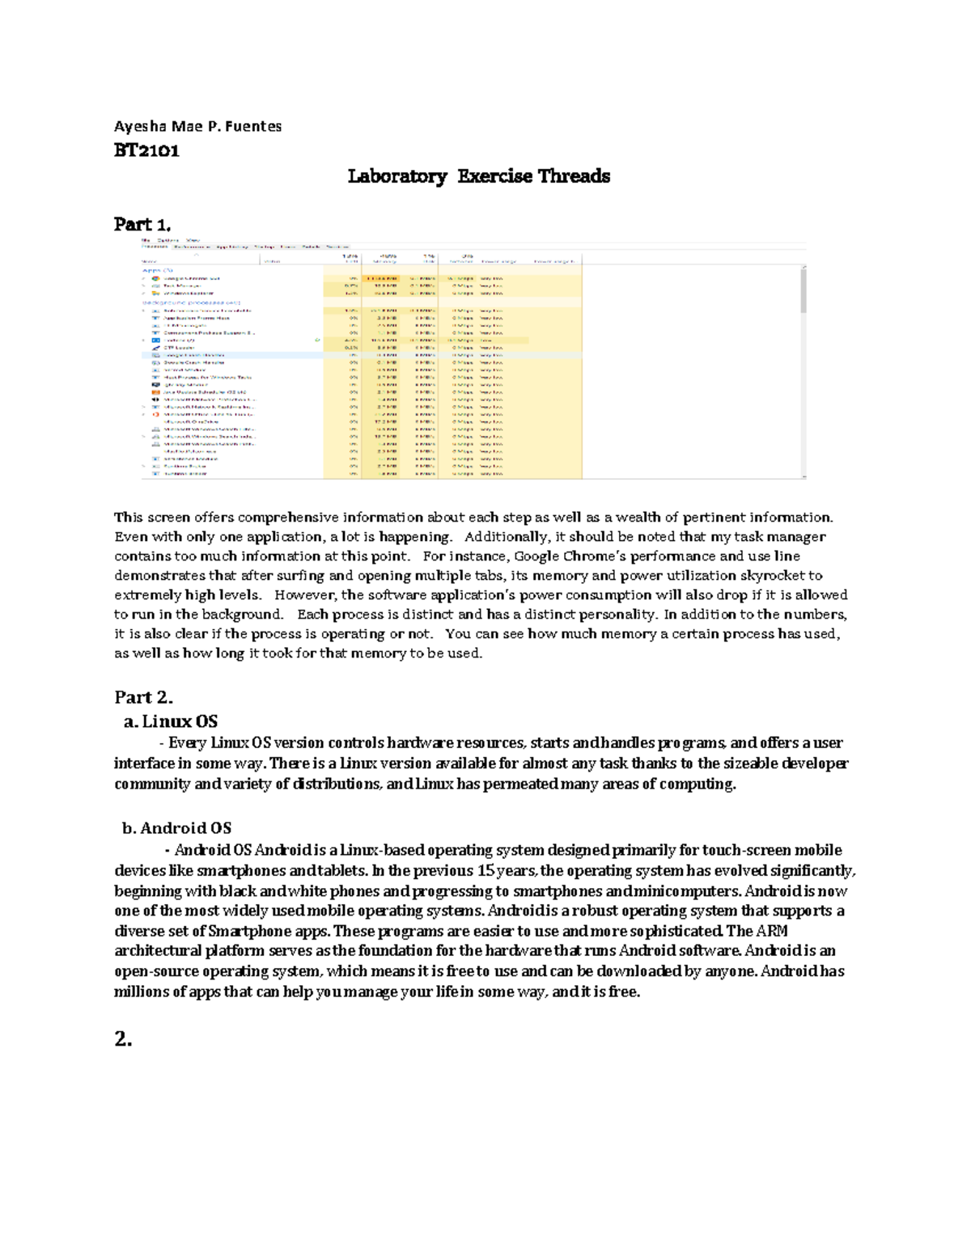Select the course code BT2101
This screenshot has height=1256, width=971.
(x=146, y=150)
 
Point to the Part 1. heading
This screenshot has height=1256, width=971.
(x=142, y=224)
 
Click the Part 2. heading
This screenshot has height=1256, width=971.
(x=144, y=697)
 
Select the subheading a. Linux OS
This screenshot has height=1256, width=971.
(x=172, y=721)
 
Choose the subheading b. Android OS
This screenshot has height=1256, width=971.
(x=176, y=828)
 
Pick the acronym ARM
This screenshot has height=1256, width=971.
(x=772, y=931)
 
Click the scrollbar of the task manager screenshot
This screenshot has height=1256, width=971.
(x=803, y=291)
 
